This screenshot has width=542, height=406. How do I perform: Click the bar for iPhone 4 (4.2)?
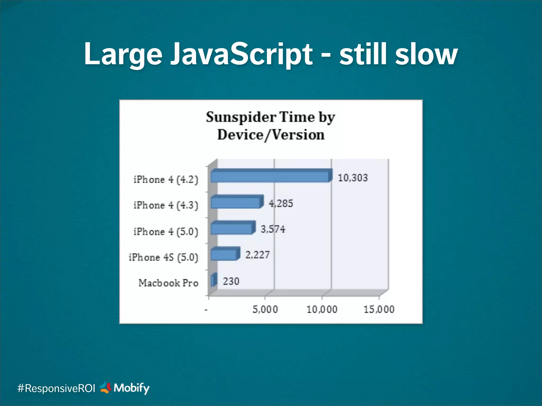(x=270, y=176)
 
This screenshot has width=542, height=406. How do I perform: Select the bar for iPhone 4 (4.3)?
(x=236, y=202)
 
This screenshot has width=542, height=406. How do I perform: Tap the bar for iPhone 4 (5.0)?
(x=232, y=228)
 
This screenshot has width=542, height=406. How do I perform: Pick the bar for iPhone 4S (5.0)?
(x=224, y=255)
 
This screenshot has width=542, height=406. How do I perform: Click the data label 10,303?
(x=353, y=178)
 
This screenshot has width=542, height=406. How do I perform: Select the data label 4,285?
(x=281, y=204)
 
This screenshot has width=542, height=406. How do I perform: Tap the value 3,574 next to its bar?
(x=273, y=229)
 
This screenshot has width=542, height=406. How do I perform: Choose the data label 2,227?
(x=258, y=255)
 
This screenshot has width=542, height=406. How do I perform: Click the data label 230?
(x=231, y=281)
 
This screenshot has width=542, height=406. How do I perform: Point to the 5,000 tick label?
(x=265, y=309)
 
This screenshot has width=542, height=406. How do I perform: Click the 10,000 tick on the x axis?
(x=322, y=309)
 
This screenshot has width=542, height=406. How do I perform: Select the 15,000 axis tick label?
(x=379, y=309)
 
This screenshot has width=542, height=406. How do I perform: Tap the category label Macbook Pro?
(x=168, y=283)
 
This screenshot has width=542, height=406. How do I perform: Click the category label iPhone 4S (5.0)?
(x=163, y=257)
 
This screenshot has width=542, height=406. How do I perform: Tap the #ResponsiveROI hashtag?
(x=56, y=388)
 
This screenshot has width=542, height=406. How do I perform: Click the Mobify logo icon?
(x=105, y=387)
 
